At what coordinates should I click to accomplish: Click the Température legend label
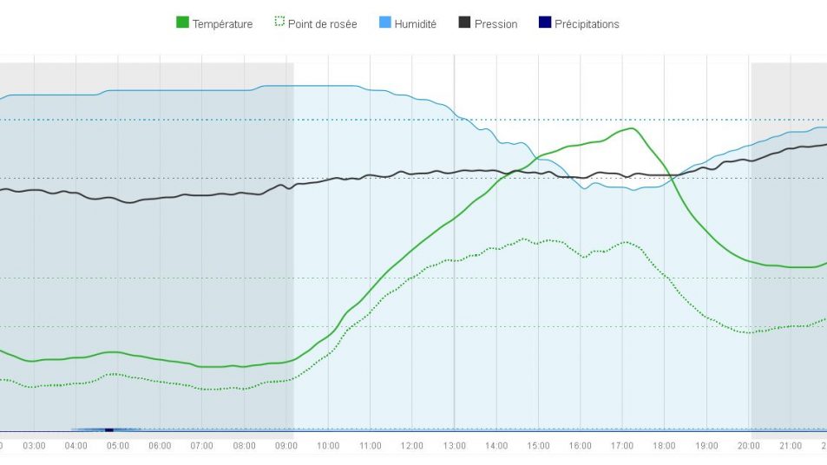pos(222,24)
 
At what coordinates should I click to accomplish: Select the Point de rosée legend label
pos(322,24)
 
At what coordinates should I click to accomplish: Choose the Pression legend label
pos(496,24)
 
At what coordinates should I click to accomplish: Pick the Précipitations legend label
pos(587,24)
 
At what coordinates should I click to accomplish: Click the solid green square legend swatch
pos(182,23)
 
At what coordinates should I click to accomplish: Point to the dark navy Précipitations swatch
pos(544,23)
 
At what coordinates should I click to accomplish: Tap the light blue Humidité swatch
pos(384,23)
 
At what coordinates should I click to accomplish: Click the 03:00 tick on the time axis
pos(35,446)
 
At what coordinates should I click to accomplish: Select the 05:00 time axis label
pos(118,446)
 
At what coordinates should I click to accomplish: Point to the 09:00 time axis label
pos(286,446)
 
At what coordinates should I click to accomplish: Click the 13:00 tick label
pos(455,446)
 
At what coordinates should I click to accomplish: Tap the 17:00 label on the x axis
pos(622,446)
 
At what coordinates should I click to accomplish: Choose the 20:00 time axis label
pos(748,446)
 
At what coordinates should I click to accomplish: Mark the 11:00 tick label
pos(371,446)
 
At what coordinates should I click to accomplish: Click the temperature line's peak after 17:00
pos(633,128)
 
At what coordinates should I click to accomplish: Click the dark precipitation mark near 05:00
pos(109,429)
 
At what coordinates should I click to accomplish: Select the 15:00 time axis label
pos(538,446)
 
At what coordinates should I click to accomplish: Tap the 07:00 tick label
pos(202,446)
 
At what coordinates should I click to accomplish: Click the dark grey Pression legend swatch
pos(464,23)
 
